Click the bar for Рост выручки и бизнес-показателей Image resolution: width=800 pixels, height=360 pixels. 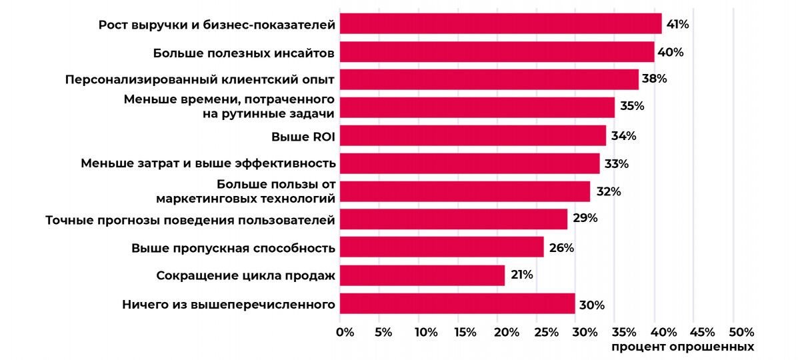(x=500, y=24)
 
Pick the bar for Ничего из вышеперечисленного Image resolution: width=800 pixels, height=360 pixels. (x=457, y=304)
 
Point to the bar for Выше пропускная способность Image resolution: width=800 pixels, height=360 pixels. (x=441, y=247)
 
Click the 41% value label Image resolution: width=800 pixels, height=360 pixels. (x=677, y=25)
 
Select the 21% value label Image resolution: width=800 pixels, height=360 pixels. (x=521, y=275)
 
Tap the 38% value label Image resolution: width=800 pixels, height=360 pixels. (x=654, y=79)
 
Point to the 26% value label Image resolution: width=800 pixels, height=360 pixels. (x=561, y=248)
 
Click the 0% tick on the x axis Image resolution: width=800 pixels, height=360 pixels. (x=345, y=332)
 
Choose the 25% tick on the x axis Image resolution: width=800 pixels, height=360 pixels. (x=545, y=332)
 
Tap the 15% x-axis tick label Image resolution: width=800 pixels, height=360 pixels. (x=465, y=332)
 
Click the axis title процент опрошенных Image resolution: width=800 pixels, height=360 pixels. (x=682, y=347)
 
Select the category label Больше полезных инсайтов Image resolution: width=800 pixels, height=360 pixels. (x=243, y=52)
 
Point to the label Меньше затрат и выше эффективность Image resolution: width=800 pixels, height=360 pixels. (x=207, y=163)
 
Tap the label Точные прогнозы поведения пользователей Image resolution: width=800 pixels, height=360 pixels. (x=189, y=219)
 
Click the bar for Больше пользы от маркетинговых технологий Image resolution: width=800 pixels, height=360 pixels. (x=464, y=191)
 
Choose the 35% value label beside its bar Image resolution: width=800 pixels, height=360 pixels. (x=631, y=107)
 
